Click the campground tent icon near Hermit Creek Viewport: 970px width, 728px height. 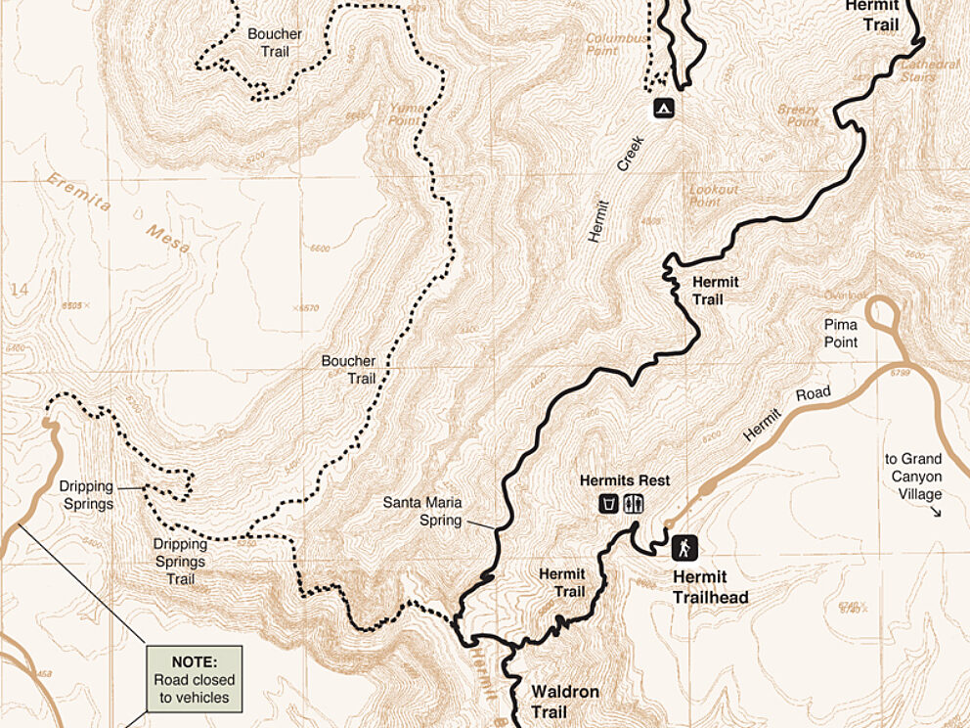point(663,108)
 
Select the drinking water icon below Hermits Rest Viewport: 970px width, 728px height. point(609,504)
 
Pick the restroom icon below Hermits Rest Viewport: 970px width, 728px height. point(634,504)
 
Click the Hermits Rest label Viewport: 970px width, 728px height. point(624,480)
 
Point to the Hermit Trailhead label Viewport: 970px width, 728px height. point(710,588)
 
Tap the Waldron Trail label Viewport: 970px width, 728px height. point(564,701)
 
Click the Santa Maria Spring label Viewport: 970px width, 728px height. point(421,511)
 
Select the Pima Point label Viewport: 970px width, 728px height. point(840,333)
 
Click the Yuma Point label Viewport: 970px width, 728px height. point(405,114)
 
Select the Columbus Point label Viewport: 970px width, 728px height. point(616,44)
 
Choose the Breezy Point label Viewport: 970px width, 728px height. point(798,115)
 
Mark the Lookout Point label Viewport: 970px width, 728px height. point(714,195)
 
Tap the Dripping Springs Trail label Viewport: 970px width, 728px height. point(180,561)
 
